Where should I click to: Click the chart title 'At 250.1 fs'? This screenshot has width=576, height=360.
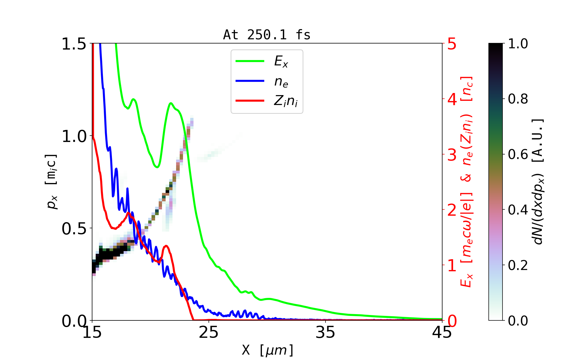[x=267, y=35]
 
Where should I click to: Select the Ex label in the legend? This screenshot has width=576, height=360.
[x=281, y=61]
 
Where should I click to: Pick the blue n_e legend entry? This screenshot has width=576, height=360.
[x=281, y=82]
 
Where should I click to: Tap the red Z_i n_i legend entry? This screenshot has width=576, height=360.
[x=286, y=101]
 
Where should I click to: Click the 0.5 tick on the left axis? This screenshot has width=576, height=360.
[x=74, y=229]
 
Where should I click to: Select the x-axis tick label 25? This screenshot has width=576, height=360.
[x=209, y=332]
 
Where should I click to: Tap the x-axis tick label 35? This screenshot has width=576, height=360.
[x=325, y=332]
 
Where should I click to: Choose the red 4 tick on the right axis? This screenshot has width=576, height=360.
[x=452, y=99]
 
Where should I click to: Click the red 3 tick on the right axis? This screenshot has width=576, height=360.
[x=452, y=155]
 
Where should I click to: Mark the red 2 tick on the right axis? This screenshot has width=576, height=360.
[x=452, y=210]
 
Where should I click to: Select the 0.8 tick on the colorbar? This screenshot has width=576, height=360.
[x=518, y=99]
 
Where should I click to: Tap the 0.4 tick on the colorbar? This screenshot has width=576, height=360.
[x=518, y=210]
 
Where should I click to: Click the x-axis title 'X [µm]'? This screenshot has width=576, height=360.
[x=267, y=350]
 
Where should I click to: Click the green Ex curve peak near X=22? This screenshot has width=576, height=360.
[x=171, y=103]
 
